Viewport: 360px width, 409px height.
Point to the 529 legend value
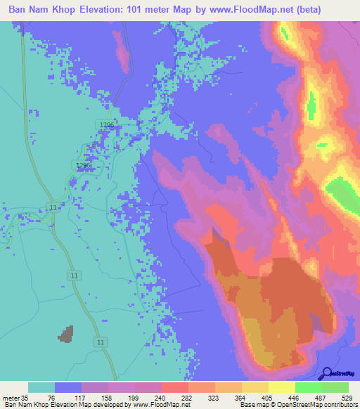click(x=347, y=398)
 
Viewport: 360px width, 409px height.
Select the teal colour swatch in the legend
click(x=41, y=387)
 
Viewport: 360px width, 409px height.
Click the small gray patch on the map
click(x=66, y=333)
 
